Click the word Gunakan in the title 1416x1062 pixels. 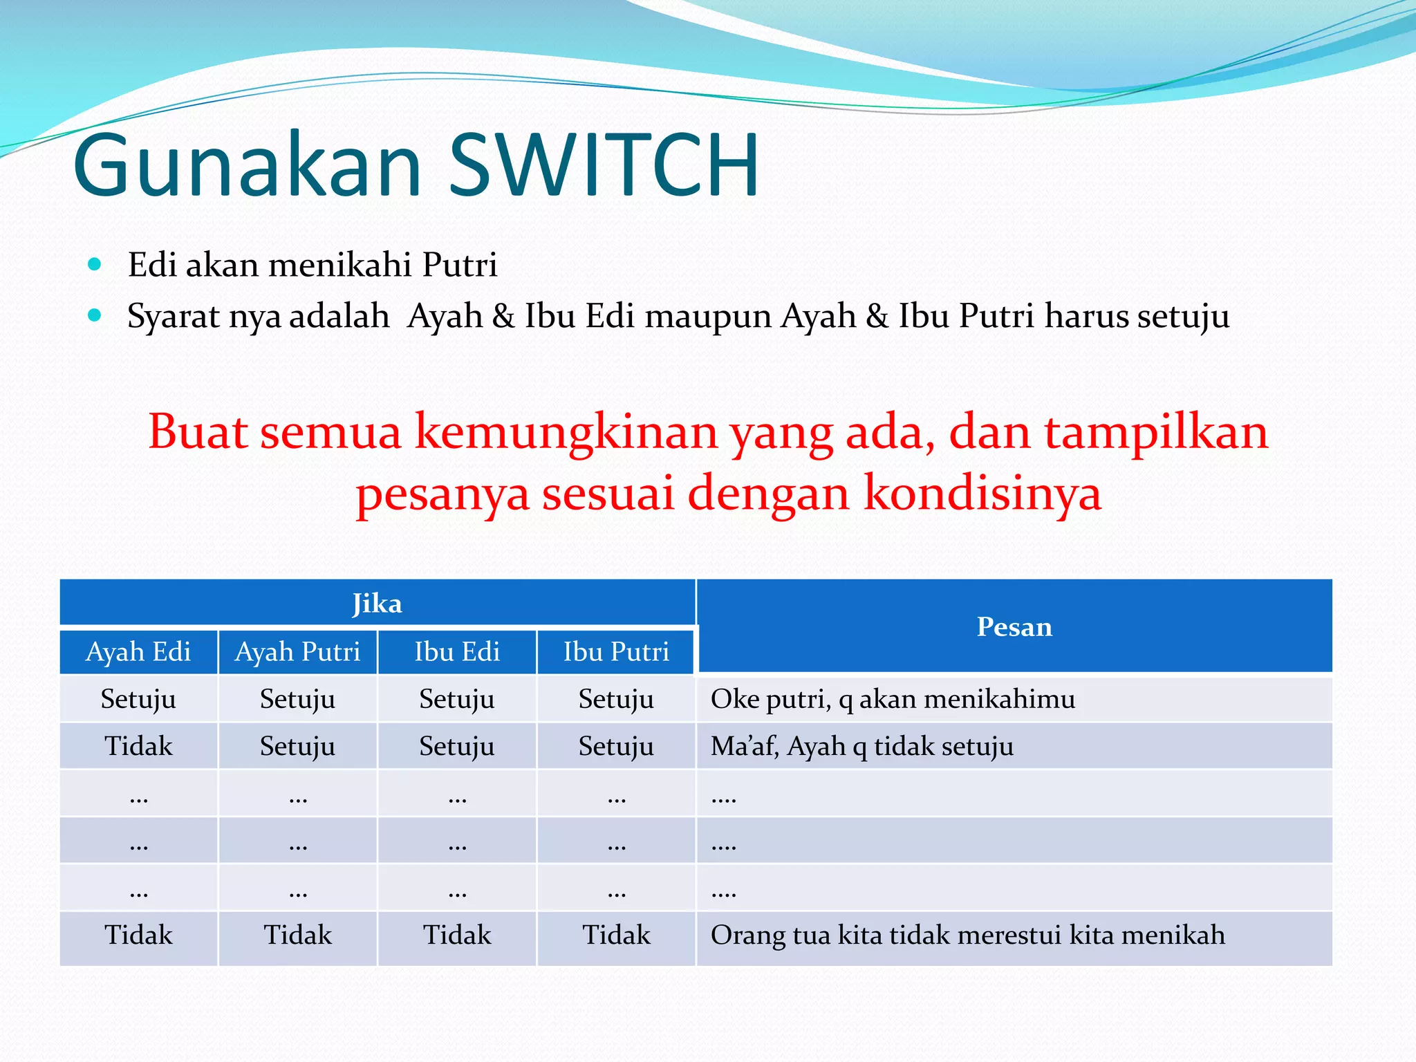(x=247, y=166)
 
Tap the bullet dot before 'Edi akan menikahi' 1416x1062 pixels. (x=95, y=264)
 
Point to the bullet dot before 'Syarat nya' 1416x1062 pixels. (x=95, y=316)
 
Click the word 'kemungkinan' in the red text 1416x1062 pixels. (x=566, y=432)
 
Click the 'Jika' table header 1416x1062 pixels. (x=377, y=604)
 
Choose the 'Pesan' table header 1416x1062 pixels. (x=1014, y=626)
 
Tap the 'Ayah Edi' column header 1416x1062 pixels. (x=138, y=651)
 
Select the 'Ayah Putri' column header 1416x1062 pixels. (x=297, y=651)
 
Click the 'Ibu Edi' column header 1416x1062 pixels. (x=456, y=651)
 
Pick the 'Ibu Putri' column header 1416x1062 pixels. (x=616, y=651)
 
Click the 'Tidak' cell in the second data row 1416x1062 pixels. (x=138, y=746)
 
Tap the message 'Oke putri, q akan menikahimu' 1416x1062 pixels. (x=892, y=699)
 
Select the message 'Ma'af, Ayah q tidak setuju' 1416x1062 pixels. (x=861, y=746)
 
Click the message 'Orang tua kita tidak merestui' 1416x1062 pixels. (x=967, y=935)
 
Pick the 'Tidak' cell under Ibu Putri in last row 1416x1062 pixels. (x=616, y=935)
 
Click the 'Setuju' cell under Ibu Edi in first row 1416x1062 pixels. (x=456, y=699)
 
